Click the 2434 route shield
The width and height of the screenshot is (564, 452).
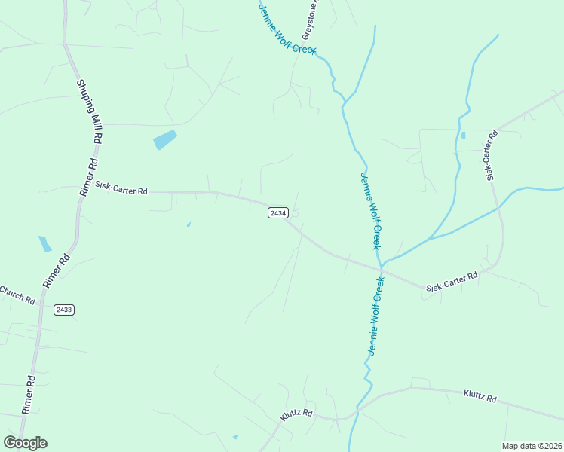[277, 213]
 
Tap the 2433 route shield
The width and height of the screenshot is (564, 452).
[64, 310]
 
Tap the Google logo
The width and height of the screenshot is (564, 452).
[25, 443]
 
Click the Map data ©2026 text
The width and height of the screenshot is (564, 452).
[532, 446]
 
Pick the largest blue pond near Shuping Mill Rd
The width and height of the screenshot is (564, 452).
[164, 140]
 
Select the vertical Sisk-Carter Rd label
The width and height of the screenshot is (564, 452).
[492, 156]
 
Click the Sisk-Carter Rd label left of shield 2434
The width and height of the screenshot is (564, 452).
[121, 188]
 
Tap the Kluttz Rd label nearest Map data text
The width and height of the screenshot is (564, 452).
[480, 396]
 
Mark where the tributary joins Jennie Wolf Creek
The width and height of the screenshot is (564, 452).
[383, 264]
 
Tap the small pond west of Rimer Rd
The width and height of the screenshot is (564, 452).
[45, 243]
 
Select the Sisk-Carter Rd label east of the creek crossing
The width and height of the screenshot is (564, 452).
[452, 282]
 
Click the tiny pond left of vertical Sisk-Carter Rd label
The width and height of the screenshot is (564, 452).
[463, 135]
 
